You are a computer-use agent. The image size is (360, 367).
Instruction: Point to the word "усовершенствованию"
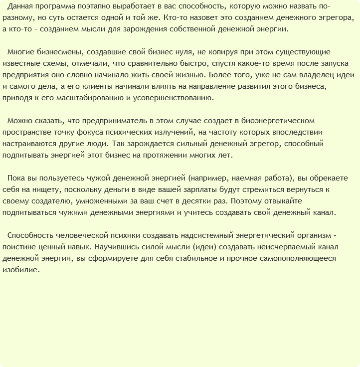pos(174,98)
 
